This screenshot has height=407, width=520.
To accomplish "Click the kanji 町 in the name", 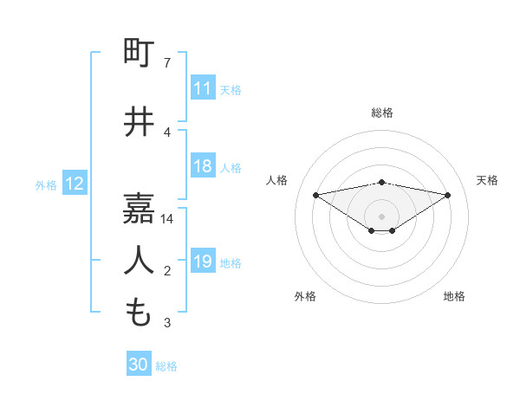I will [140, 53].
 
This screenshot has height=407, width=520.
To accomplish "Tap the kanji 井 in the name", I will [140, 121].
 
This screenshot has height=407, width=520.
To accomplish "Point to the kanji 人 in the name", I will [140, 259].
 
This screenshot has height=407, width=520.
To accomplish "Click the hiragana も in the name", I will [140, 311].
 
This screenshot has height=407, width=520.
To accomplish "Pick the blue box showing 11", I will [203, 88].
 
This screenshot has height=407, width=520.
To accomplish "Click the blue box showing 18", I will [203, 167].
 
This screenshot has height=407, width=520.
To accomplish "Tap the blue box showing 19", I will [203, 262].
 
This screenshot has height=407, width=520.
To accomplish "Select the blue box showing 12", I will [75, 184].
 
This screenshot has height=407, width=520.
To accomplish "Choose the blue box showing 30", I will [139, 365].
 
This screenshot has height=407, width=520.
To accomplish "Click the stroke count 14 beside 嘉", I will [167, 219].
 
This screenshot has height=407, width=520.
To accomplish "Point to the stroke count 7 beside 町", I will [167, 63].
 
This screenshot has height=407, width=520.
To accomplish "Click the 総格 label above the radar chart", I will [382, 113].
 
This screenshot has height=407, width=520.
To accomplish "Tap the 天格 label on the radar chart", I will [487, 180].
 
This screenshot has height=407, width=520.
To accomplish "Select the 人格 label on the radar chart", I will [277, 180].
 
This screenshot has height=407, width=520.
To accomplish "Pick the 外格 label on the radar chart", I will [305, 296].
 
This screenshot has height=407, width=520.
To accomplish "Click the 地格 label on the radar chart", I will [454, 296].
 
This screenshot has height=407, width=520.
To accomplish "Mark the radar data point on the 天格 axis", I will [448, 195].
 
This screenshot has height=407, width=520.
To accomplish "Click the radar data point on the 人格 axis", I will [315, 194].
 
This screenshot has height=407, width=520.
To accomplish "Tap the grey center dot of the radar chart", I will [382, 216].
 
